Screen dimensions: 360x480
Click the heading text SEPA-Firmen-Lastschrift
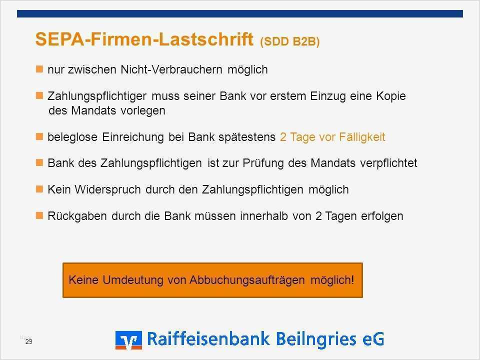(144, 40)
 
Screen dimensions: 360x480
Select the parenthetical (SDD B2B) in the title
(289, 42)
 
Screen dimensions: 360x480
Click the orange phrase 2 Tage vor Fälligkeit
(332, 137)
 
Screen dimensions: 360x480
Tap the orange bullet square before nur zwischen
(40, 69)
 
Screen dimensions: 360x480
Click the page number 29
(28, 341)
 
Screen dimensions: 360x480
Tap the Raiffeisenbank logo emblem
(128, 339)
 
